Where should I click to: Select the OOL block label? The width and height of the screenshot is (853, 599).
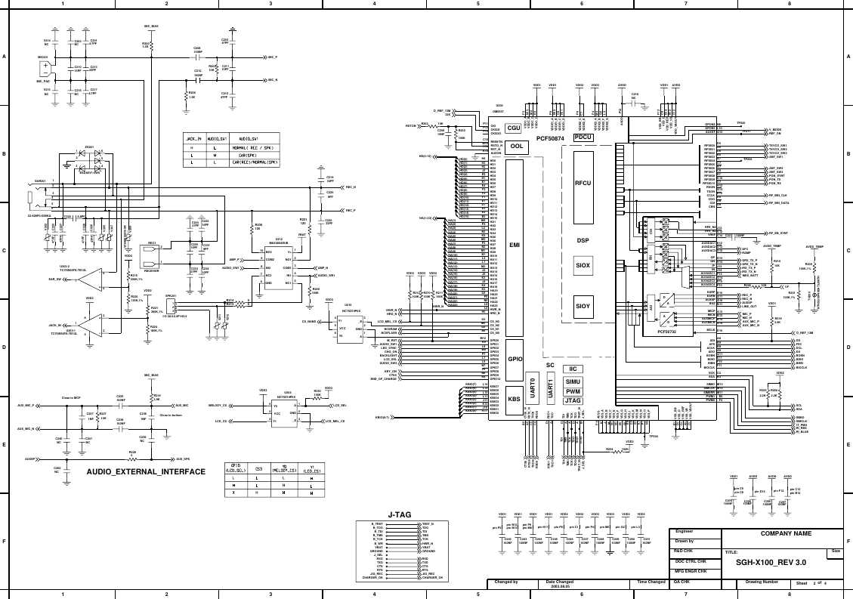tap(517, 146)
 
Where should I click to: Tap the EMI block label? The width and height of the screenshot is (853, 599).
tap(515, 245)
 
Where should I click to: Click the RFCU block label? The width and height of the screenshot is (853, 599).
tap(583, 183)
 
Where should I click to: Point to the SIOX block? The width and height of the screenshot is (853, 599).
tap(583, 266)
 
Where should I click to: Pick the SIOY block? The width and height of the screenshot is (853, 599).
tap(583, 306)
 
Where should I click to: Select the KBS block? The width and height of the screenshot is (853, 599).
tap(514, 399)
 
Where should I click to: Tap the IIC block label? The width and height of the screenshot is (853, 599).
tap(573, 369)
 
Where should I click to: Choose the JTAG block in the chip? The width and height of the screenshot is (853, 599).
tap(573, 401)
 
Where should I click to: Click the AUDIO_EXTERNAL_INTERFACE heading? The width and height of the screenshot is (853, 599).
tap(146, 471)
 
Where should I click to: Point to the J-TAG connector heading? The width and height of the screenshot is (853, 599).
tap(398, 514)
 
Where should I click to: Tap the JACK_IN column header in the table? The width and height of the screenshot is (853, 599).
tap(193, 139)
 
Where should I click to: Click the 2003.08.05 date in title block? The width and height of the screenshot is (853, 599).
tap(559, 586)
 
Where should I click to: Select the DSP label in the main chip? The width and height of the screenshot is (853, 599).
tap(583, 240)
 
